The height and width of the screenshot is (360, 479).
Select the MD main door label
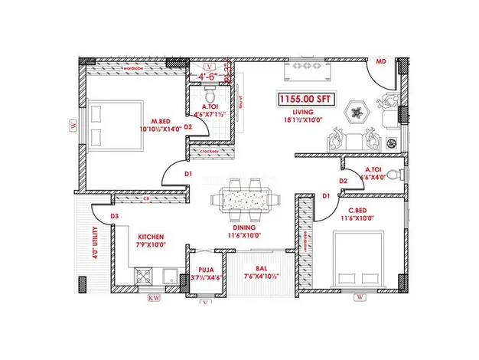coord(380,61)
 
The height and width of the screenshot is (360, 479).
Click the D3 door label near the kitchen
coord(114,217)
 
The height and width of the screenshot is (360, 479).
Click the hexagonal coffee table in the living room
coord(355,112)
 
